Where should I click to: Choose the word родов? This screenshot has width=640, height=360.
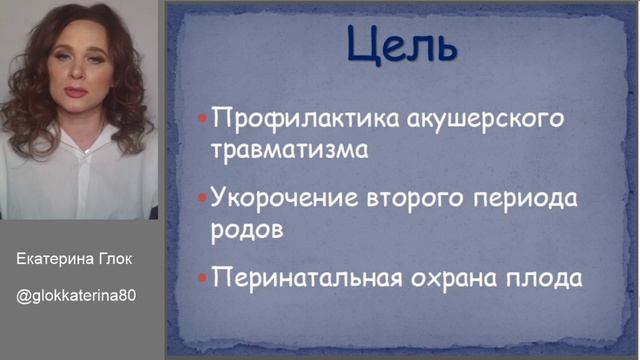(x=247, y=228)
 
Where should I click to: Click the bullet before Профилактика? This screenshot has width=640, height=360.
(x=202, y=119)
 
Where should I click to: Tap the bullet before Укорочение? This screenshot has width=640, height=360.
(x=202, y=197)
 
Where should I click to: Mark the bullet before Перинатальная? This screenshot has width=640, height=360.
(x=202, y=276)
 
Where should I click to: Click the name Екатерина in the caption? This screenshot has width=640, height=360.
(x=54, y=258)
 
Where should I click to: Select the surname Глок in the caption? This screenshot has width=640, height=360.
(x=116, y=258)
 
